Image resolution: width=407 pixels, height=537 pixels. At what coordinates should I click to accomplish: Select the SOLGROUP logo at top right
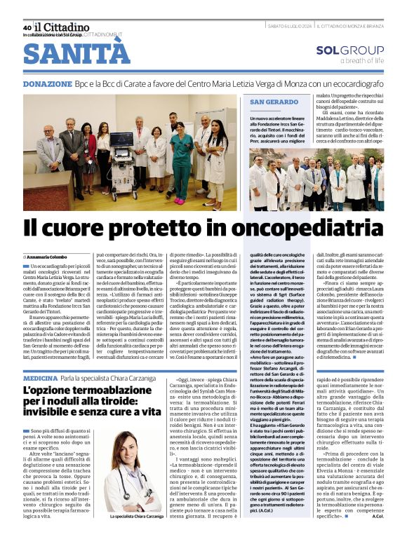[x=349, y=50]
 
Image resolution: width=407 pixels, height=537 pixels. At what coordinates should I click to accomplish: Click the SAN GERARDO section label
[x=274, y=102]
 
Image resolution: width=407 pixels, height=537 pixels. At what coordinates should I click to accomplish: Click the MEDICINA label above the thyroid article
[x=39, y=379]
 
